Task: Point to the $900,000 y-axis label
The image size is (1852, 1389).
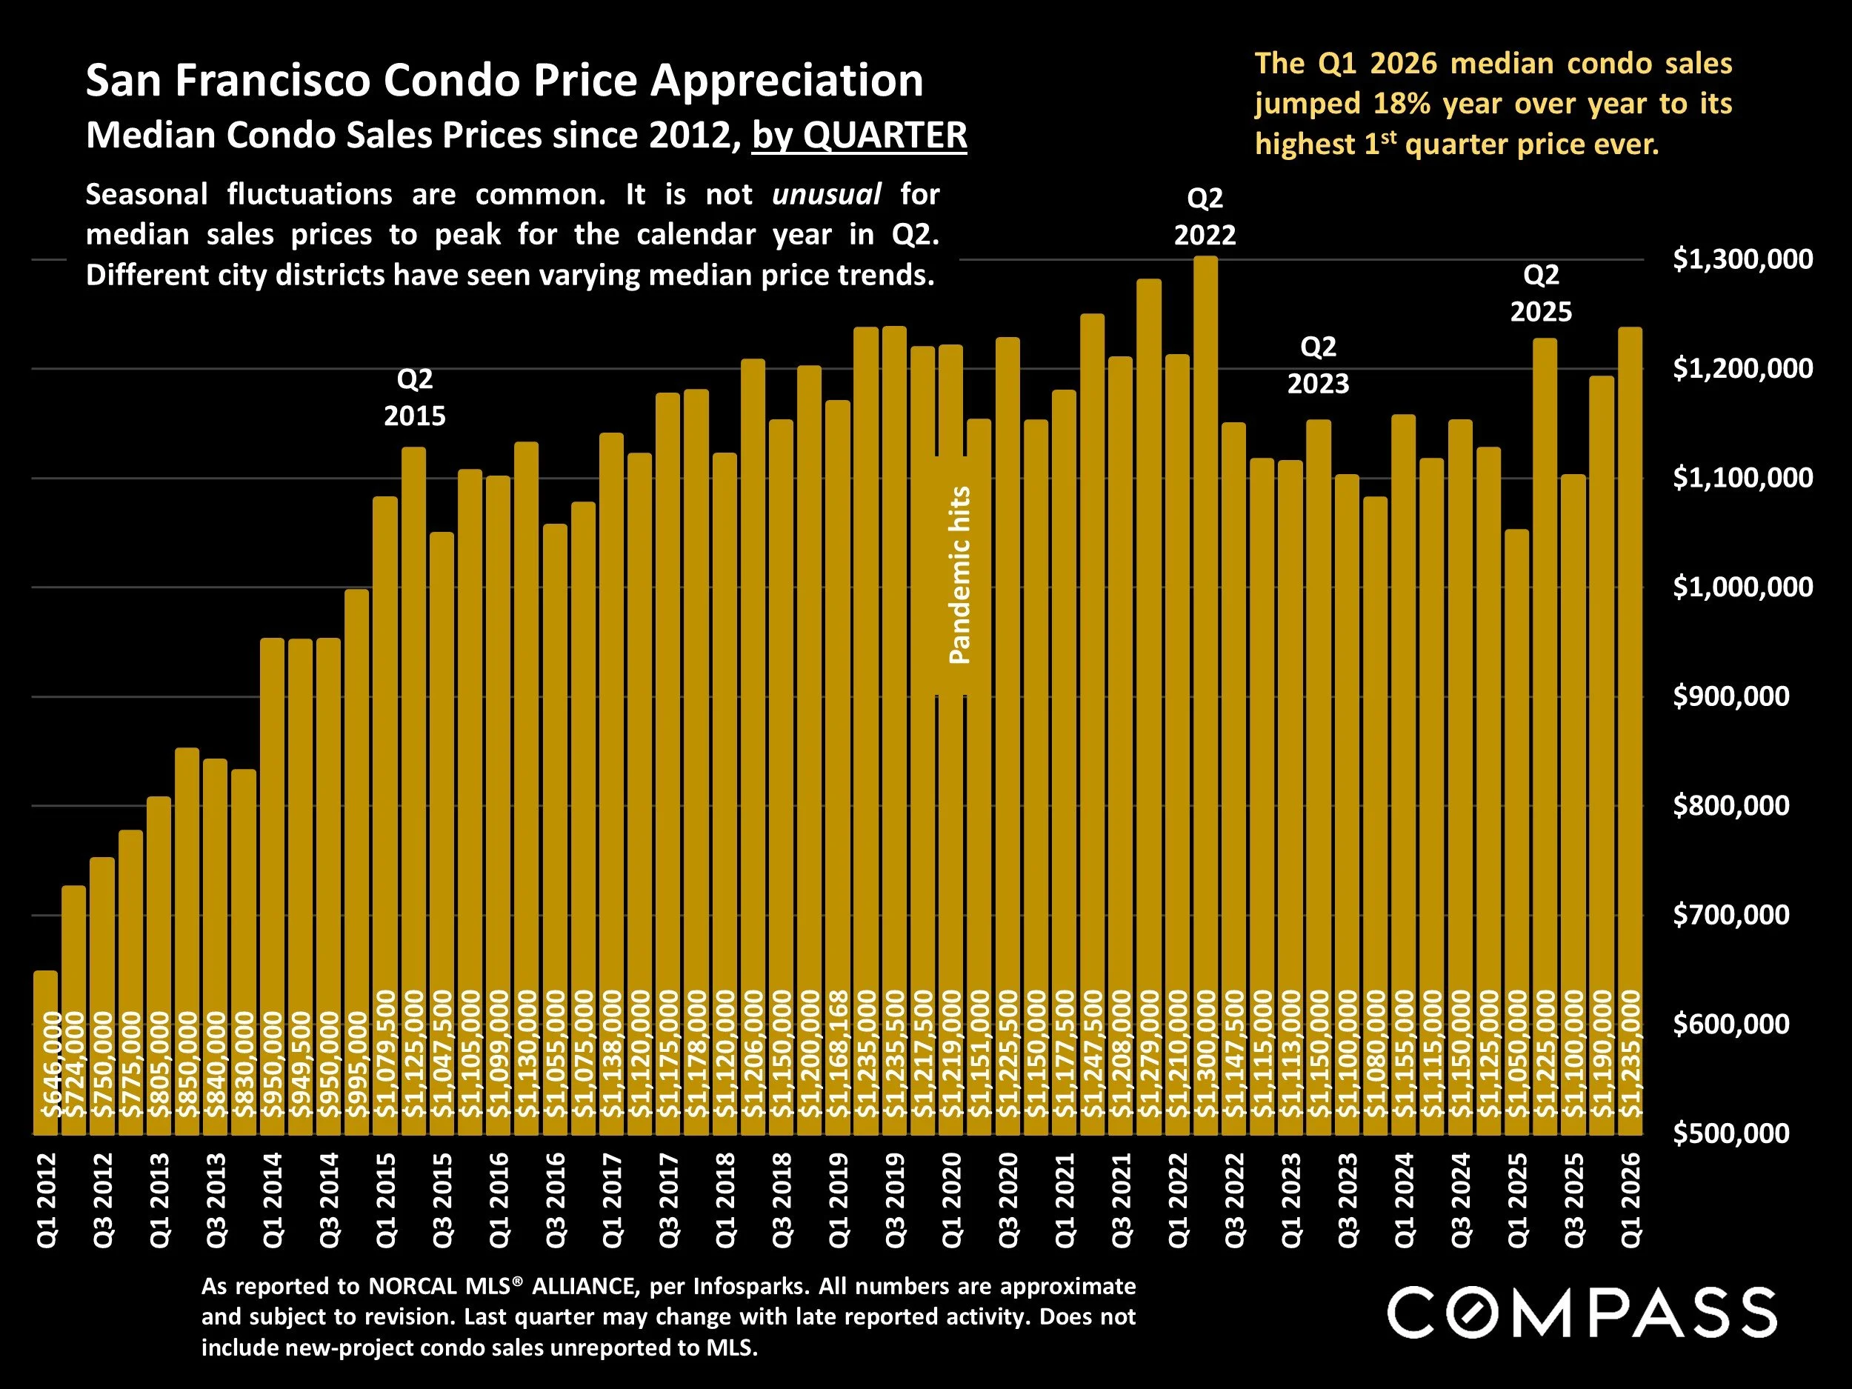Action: click(x=1731, y=696)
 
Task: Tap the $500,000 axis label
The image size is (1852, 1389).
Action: click(x=1731, y=1133)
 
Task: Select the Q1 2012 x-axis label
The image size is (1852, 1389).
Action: click(x=47, y=1200)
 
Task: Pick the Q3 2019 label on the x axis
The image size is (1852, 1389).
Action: click(x=896, y=1200)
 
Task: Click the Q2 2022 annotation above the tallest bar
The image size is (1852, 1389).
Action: click(x=1205, y=216)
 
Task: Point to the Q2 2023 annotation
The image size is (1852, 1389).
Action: click(x=1318, y=365)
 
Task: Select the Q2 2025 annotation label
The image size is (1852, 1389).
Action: click(x=1541, y=293)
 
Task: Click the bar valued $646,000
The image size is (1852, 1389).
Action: click(x=45, y=1055)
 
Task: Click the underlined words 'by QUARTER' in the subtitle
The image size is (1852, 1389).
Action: click(x=859, y=135)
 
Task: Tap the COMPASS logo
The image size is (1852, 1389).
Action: click(x=1582, y=1312)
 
